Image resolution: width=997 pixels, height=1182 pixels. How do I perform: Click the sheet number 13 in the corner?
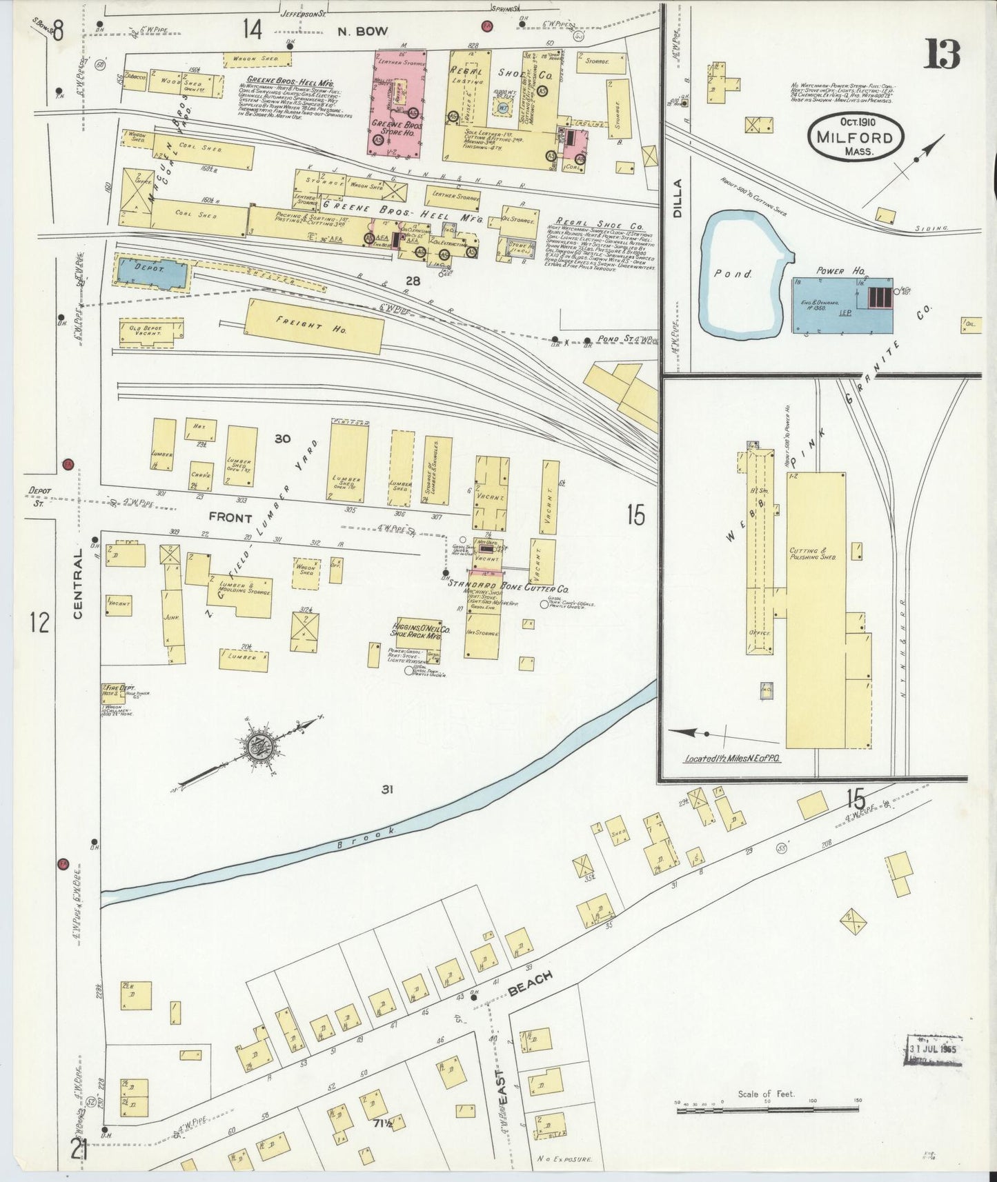coord(942,54)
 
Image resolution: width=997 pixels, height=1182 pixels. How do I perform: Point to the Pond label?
coord(733,274)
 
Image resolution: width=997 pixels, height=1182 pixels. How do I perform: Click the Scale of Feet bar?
coord(766,1110)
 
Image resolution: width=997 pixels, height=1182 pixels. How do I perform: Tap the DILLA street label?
coord(677,199)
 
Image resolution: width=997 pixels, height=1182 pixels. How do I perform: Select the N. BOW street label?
coord(363,31)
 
